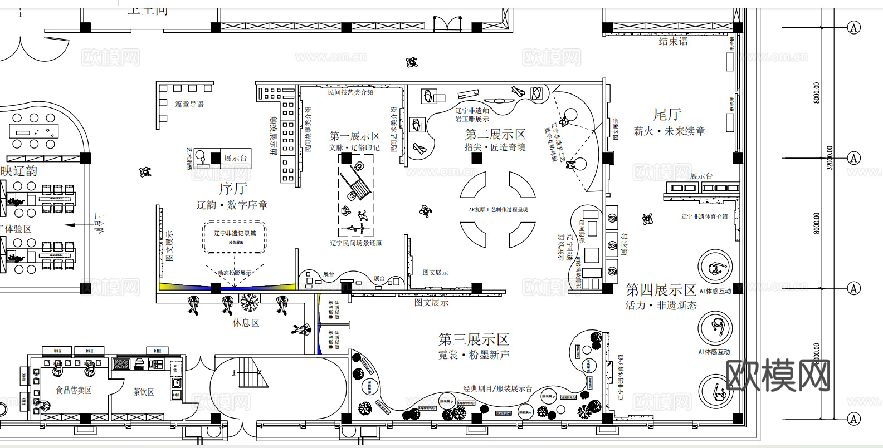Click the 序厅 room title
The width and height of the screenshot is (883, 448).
point(233,189)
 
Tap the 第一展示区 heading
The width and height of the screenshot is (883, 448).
point(354,136)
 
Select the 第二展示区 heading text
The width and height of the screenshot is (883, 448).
point(495,134)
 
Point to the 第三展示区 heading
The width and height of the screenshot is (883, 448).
point(474,339)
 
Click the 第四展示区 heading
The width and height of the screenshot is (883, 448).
point(661,290)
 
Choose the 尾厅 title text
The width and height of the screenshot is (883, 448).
point(667,115)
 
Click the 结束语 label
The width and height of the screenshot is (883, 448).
point(673,41)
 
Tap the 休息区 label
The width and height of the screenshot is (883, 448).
point(246,323)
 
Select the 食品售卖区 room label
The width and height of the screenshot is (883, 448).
point(74,390)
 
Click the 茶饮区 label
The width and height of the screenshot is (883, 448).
point(143,392)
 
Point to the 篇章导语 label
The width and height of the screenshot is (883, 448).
point(189,104)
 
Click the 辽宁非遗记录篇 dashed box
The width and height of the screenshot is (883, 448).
point(235,238)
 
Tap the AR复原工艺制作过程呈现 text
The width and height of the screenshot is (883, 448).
point(498,210)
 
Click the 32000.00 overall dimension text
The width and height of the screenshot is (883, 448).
point(830,158)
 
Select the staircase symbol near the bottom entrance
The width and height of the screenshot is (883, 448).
point(250,372)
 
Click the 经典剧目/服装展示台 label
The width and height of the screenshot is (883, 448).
point(497,388)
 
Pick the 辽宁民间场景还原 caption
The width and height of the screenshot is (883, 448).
point(355,243)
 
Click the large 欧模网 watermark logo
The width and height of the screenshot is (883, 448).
point(778,375)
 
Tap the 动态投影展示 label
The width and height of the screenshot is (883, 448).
point(234,273)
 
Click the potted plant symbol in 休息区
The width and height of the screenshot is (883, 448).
point(249,302)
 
